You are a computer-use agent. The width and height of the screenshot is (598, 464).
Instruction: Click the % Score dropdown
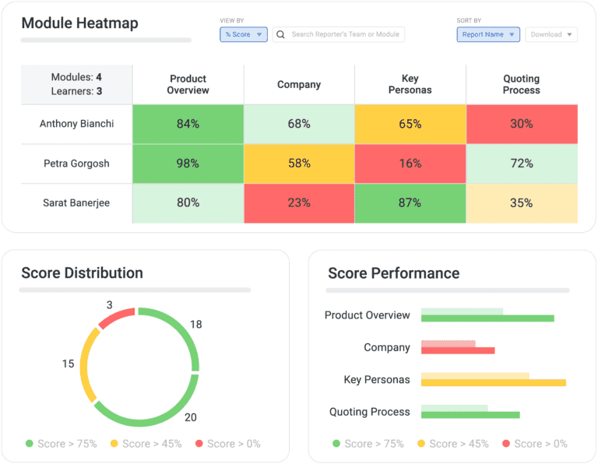(244, 34)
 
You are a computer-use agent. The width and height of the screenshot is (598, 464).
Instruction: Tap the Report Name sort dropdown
(488, 34)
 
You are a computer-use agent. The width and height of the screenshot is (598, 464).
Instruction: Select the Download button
(551, 34)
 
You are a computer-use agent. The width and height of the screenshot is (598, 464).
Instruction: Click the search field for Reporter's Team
(339, 34)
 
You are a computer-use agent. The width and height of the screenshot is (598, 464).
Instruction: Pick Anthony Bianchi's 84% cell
(188, 124)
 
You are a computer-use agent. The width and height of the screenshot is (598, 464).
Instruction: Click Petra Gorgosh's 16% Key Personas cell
(410, 163)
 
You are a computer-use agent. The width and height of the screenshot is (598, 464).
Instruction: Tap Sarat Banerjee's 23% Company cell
(299, 203)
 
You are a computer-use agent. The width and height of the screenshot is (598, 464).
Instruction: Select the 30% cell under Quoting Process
(522, 124)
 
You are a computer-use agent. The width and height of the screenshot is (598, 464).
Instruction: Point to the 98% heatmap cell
(188, 163)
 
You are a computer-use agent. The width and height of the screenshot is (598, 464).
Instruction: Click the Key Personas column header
(410, 84)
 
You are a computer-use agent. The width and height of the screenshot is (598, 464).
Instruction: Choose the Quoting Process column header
(522, 84)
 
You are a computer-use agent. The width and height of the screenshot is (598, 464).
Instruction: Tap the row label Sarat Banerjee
(76, 203)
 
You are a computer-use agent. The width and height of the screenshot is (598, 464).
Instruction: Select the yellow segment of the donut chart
(87, 364)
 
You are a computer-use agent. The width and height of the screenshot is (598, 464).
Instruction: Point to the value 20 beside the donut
(191, 417)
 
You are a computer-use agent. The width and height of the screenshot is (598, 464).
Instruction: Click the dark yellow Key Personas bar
(493, 382)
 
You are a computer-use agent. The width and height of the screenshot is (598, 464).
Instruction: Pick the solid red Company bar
(458, 350)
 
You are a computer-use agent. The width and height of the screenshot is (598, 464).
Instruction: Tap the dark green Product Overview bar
(487, 318)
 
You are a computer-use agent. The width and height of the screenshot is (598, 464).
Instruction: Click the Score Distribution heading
(83, 273)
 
